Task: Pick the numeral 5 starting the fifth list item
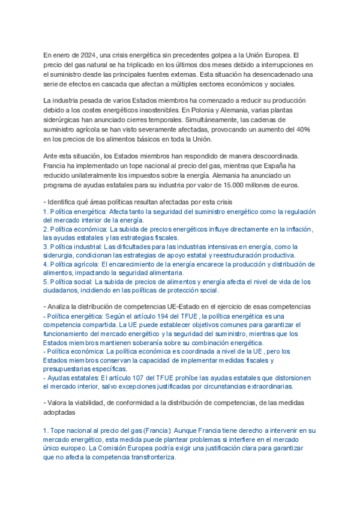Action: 46,282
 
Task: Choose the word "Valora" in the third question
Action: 59,403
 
